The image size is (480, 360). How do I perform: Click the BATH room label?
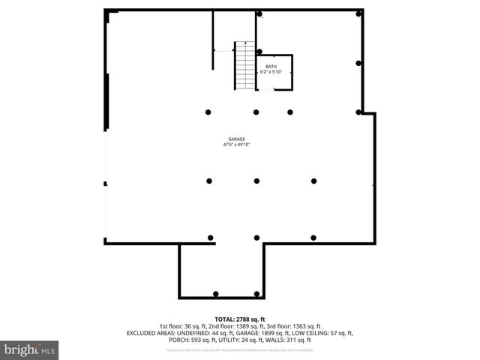point(270,66)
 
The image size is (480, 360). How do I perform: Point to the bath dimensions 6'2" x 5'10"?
point(270,72)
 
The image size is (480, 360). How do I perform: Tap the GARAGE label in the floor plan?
point(236,139)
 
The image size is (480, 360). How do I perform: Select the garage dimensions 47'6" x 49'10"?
point(236,145)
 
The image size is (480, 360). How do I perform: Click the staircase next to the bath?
point(246,65)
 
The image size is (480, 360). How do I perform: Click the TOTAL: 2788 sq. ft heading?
point(240,319)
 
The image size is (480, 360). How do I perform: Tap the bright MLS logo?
point(30,349)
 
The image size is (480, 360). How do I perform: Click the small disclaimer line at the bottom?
point(240,350)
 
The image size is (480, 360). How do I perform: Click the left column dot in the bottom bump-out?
point(216,292)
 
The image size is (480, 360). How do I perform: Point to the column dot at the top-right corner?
point(359,14)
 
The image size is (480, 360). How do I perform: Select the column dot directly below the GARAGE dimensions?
point(256,181)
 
